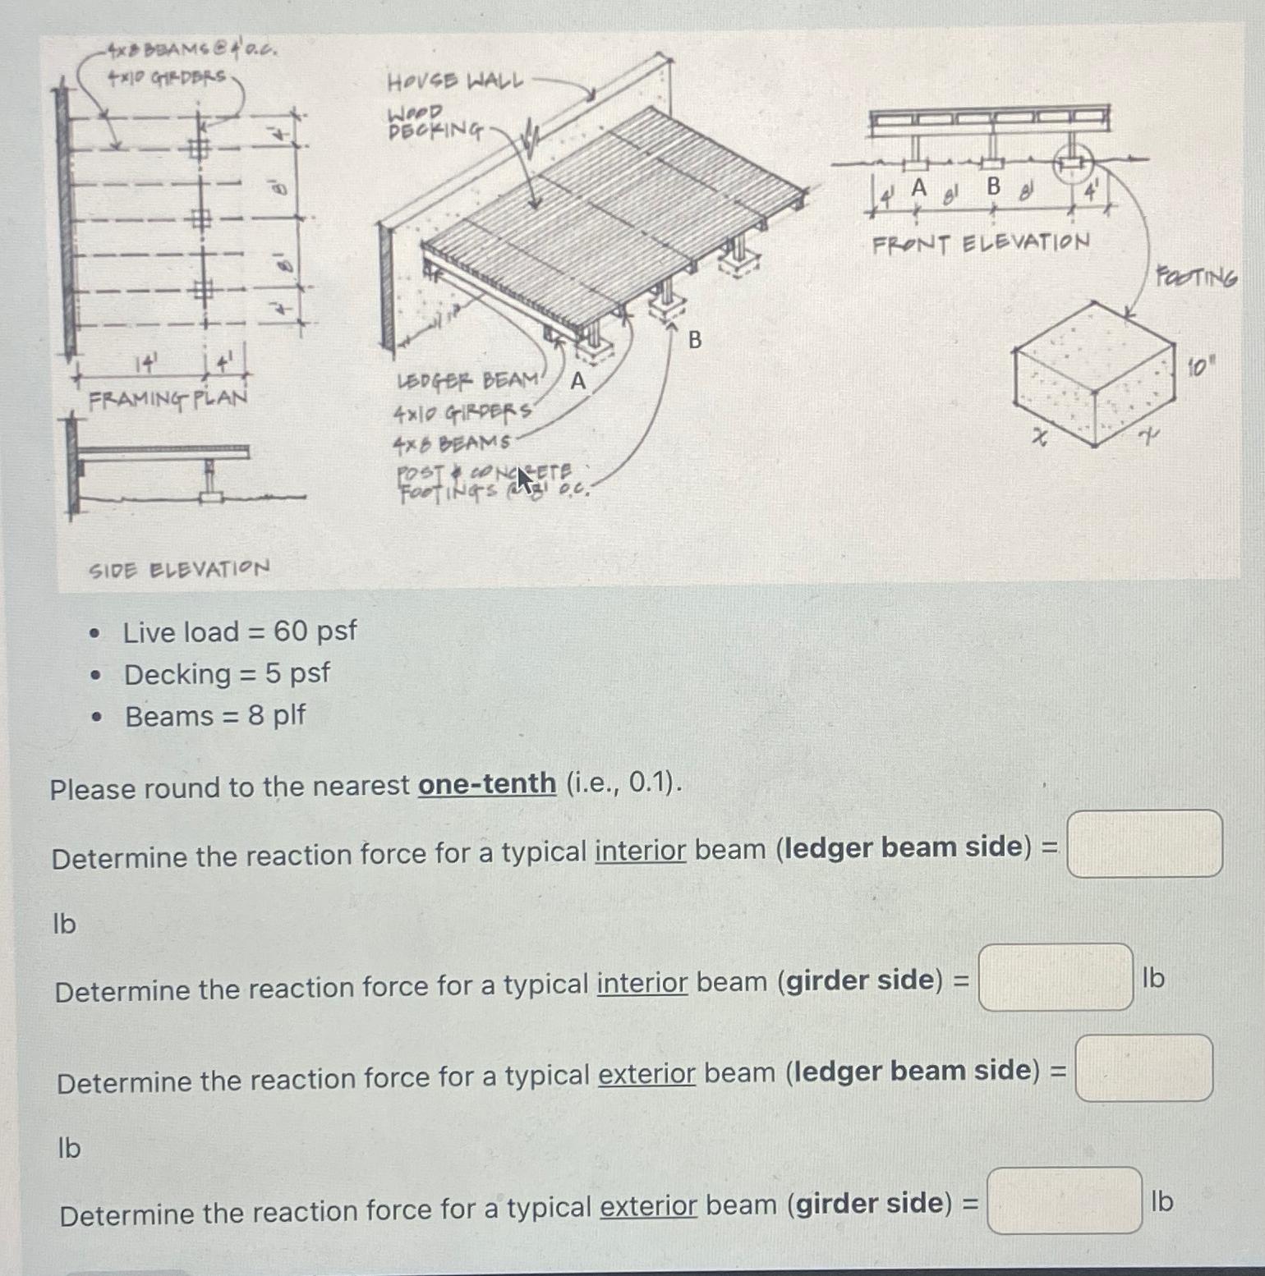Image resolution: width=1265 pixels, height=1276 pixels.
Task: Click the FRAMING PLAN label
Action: click(168, 399)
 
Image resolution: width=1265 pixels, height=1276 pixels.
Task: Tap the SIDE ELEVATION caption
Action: click(178, 569)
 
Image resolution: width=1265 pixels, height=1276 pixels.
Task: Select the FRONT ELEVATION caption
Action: click(981, 243)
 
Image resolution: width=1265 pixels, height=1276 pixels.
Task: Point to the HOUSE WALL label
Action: click(454, 81)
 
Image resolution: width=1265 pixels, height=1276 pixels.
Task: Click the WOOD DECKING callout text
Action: click(435, 121)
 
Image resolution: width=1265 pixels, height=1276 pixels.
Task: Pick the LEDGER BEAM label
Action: click(467, 381)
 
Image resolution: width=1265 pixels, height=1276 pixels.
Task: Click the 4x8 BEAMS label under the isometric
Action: click(451, 444)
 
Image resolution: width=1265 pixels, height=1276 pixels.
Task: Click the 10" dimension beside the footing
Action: click(1200, 366)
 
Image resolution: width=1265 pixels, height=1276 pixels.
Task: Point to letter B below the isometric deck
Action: click(695, 339)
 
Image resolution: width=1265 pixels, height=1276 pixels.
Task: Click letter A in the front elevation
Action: click(918, 188)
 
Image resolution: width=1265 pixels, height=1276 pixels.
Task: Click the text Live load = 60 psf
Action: click(240, 631)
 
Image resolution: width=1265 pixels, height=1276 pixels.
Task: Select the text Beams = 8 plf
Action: click(214, 716)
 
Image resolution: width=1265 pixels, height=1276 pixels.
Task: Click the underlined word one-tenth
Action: click(486, 783)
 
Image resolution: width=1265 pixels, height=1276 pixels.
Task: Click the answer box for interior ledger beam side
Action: click(1143, 843)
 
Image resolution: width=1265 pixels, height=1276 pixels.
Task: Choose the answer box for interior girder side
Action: click(1056, 977)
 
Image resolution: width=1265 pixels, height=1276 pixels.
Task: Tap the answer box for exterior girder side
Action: click(1064, 1200)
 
